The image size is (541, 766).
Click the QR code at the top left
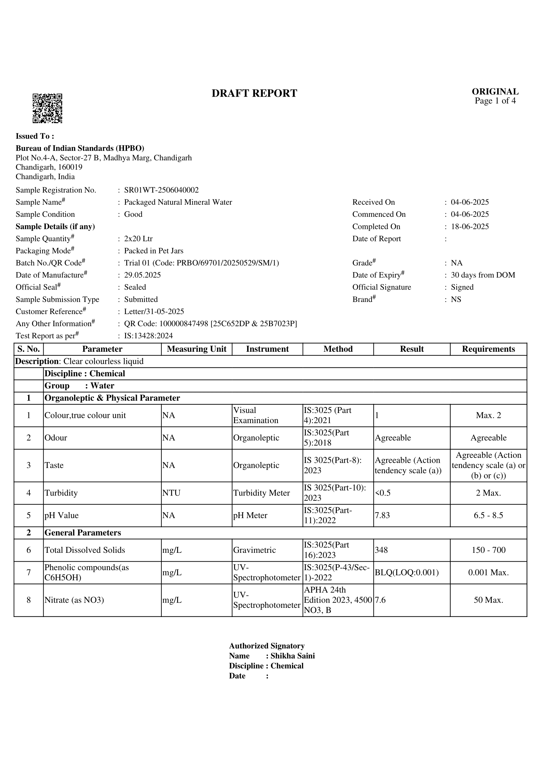47,108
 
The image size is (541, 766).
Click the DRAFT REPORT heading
254,93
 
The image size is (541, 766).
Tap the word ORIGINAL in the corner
495,91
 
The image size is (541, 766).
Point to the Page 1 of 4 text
495,101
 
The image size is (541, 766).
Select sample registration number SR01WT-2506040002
161,190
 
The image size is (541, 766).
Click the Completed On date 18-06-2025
470,227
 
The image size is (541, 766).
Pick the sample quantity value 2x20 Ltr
138,238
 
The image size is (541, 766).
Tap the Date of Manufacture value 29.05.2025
142,275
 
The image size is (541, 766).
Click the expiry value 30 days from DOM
483,275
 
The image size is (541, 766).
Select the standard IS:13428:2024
148,336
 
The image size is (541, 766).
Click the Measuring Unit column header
197,349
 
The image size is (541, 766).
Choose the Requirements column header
488,349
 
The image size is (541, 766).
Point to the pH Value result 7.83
382,515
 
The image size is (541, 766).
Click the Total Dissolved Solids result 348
381,550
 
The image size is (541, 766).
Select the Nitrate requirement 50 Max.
488,600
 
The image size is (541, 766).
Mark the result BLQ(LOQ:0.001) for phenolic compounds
407,572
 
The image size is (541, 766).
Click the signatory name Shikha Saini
292,656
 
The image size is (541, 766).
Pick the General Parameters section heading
83,533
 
